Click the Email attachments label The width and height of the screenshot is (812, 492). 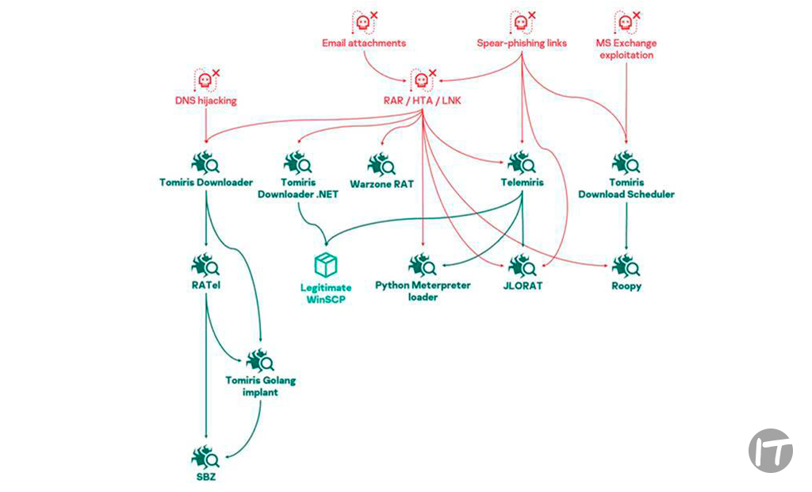[x=364, y=43]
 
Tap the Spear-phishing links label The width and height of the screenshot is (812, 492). [x=522, y=43]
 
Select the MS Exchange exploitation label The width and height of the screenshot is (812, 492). [x=626, y=49]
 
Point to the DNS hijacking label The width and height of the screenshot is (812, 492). [x=205, y=101]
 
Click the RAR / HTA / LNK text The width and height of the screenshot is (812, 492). [x=421, y=101]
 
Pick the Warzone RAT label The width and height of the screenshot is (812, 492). [x=381, y=183]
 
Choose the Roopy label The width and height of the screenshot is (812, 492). [x=626, y=286]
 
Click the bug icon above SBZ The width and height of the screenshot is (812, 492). [x=205, y=457]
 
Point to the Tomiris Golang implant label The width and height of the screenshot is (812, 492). [x=260, y=386]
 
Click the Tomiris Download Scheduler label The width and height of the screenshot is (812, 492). [x=626, y=188]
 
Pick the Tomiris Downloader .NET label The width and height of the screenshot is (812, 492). [x=298, y=188]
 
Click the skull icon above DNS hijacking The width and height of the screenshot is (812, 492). [x=205, y=81]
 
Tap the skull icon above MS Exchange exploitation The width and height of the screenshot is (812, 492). [x=626, y=22]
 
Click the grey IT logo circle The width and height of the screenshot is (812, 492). [x=770, y=451]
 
